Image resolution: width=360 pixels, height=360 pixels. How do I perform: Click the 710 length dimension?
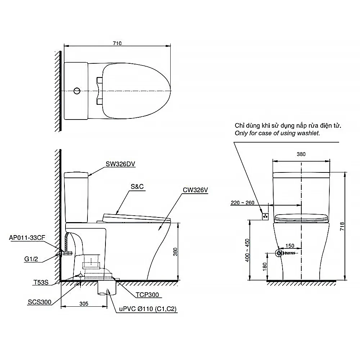pyautogui.click(x=117, y=43)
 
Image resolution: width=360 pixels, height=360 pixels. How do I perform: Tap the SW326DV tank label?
pyautogui.click(x=120, y=164)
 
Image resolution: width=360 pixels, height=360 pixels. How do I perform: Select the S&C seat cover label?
pyautogui.click(x=137, y=186)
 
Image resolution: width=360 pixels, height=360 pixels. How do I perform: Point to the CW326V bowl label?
pyautogui.click(x=195, y=190)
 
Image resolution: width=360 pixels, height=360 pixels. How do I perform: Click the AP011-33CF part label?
pyautogui.click(x=27, y=238)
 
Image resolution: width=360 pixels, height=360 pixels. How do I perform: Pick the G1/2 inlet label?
pyautogui.click(x=31, y=259)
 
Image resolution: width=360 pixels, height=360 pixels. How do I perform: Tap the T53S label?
pyautogui.click(x=41, y=282)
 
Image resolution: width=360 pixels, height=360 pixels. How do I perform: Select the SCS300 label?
pyautogui.click(x=40, y=302)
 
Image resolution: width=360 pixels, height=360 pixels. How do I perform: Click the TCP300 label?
pyautogui.click(x=147, y=295)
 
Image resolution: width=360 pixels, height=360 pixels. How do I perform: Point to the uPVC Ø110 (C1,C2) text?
pyautogui.click(x=148, y=309)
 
